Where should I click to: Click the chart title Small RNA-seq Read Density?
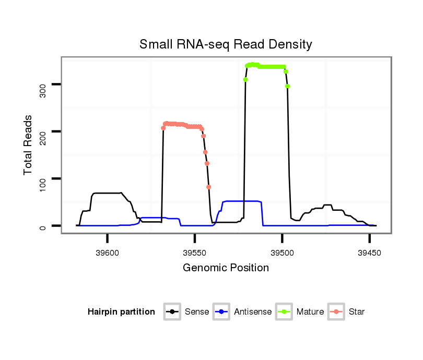pyautogui.click(x=226, y=44)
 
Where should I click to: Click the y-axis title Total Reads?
pyautogui.click(x=29, y=145)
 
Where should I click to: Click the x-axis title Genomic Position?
pyautogui.click(x=226, y=268)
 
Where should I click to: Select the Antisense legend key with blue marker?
pyautogui.click(x=221, y=312)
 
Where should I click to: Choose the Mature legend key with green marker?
pyautogui.click(x=284, y=312)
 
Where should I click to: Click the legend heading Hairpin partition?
pyautogui.click(x=121, y=312)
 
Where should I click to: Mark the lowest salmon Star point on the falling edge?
pyautogui.click(x=209, y=187)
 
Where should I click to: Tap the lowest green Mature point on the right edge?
pyautogui.click(x=288, y=86)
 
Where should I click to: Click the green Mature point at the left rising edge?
pyautogui.click(x=245, y=79)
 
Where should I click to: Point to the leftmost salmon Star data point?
pyautogui.click(x=163, y=128)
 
